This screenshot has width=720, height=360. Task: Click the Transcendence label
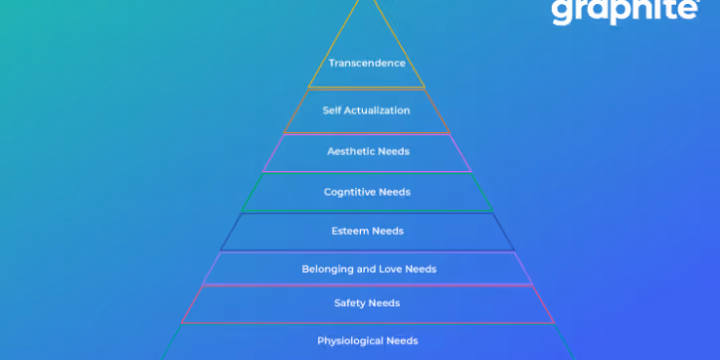367,63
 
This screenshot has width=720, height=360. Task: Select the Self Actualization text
366,110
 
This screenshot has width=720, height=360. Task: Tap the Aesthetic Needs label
368,151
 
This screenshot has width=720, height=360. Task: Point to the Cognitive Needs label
367,192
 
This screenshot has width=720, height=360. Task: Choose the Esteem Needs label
367,231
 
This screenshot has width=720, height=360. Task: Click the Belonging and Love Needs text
369,269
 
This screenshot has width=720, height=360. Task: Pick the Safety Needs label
367,302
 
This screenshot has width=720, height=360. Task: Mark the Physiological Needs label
367,340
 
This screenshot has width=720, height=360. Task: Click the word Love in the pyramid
394,269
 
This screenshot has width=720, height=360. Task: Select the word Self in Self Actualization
332,110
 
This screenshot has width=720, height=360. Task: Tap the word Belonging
327,269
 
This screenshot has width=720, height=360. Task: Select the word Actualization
377,110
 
